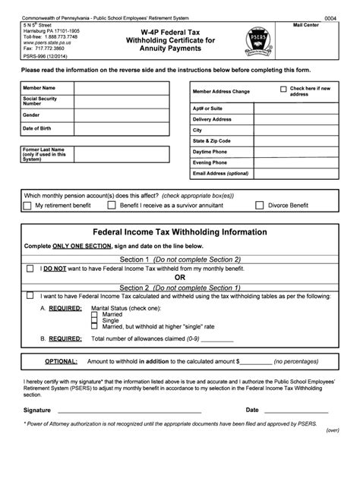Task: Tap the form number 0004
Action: [331, 17]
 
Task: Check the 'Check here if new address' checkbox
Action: [283, 89]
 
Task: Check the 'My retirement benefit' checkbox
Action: [29, 205]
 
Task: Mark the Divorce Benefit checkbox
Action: [259, 205]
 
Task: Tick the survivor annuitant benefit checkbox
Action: [112, 205]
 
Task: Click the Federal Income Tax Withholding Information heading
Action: [179, 232]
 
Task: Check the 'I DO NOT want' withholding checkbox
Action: [30, 268]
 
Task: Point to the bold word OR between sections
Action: [180, 278]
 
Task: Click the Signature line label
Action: [37, 409]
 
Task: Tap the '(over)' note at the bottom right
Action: [332, 429]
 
